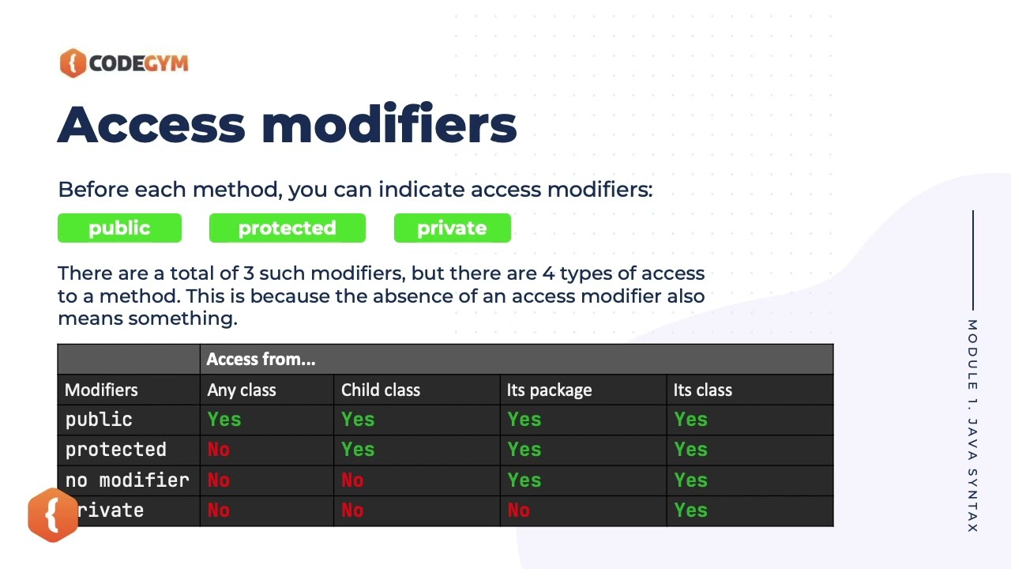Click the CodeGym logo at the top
124,63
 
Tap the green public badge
119,228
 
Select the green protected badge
287,228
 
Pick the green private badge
452,228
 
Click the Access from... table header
261,360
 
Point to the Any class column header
242,390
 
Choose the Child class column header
381,390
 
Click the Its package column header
549,390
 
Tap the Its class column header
702,390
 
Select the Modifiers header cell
101,390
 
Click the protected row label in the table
116,450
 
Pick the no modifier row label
127,480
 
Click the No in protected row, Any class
218,450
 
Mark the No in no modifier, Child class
352,480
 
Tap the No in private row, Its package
518,511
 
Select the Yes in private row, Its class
690,511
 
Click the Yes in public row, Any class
224,420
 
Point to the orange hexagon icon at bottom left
53,515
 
